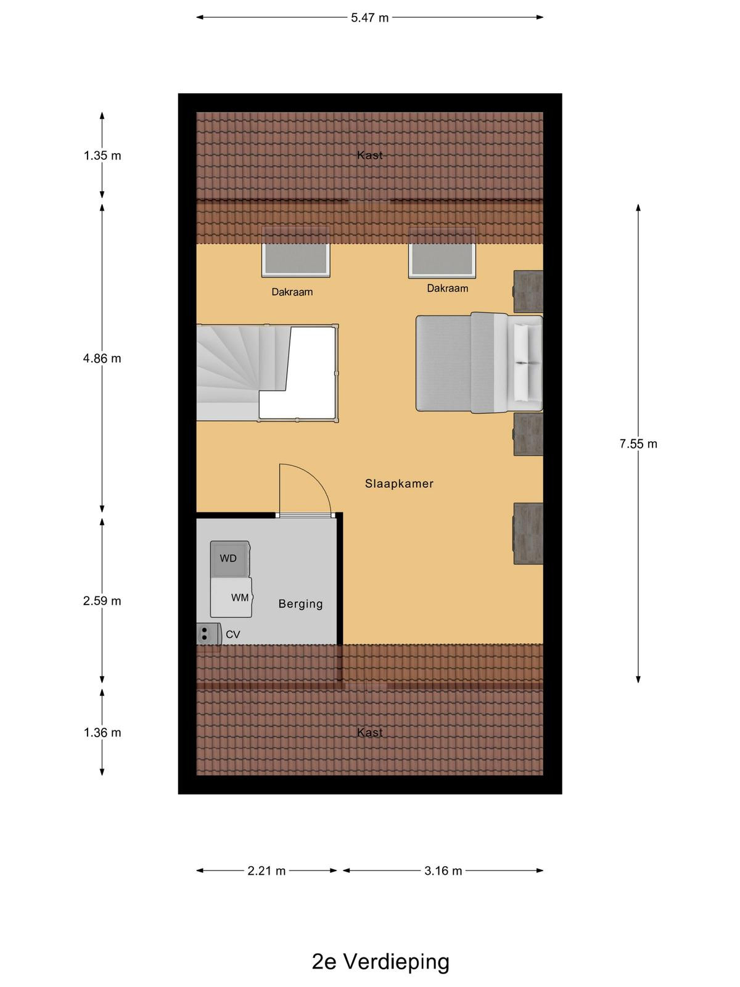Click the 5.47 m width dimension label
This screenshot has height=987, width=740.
tap(369, 18)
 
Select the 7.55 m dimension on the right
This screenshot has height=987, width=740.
tap(638, 444)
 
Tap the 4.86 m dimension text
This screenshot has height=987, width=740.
tap(102, 358)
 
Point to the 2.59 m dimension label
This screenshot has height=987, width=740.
tap(102, 601)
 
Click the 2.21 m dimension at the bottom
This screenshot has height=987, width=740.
tap(266, 871)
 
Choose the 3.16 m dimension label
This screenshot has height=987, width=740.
tap(443, 871)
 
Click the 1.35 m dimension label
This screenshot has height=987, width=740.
tap(102, 155)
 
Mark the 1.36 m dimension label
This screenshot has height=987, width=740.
tap(102, 732)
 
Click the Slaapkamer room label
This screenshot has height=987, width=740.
tap(399, 484)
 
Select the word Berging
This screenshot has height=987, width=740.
tap(300, 604)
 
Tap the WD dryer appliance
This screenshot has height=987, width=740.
tap(229, 559)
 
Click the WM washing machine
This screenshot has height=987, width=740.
tap(231, 597)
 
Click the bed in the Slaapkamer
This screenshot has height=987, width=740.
tap(479, 363)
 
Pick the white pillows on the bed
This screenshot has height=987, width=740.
tap(522, 363)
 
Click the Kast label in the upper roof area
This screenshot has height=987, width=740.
tap(370, 155)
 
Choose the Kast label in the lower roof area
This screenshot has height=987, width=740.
tap(370, 732)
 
